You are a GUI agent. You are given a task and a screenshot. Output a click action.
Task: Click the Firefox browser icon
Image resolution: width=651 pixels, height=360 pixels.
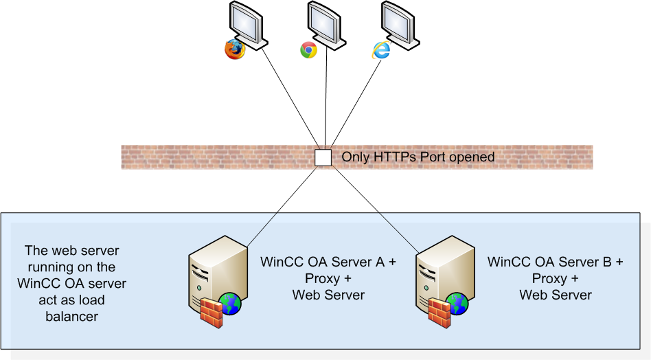point(235,49)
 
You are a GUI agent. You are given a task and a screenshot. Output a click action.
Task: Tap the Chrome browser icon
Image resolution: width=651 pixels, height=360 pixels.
point(308,50)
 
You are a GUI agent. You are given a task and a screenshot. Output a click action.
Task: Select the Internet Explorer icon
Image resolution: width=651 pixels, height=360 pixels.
point(381,49)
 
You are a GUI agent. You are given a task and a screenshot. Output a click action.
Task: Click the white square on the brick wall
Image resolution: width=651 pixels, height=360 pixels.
point(323,157)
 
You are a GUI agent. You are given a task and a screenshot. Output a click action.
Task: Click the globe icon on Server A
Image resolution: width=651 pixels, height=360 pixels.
point(230,303)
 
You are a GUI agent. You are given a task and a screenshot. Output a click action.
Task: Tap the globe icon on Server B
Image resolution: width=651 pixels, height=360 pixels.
point(458,303)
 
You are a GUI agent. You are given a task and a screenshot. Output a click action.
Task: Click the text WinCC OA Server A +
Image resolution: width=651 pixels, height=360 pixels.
point(328,262)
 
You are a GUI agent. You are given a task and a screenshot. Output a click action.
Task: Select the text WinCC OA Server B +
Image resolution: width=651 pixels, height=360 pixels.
point(556,262)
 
